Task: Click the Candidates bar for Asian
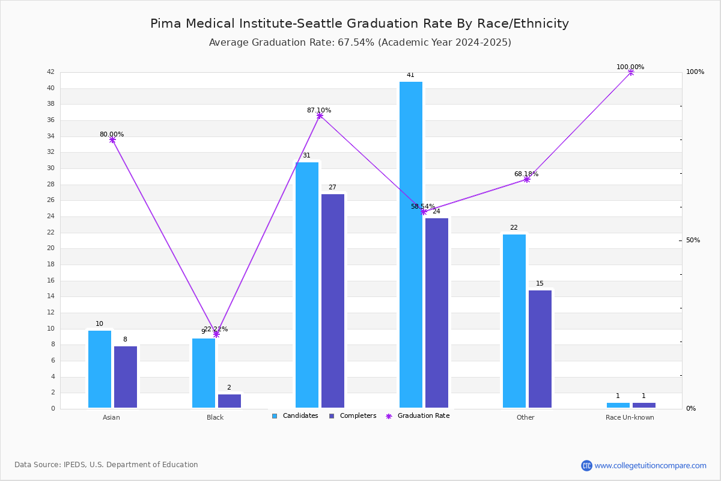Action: coord(100,369)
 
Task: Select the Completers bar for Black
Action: coord(229,401)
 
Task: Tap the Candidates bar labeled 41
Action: coord(411,245)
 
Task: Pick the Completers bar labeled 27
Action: coord(333,301)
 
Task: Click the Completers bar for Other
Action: coord(540,349)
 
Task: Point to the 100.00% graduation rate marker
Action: coord(631,72)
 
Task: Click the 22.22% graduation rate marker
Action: coord(216,334)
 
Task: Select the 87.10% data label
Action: coord(319,110)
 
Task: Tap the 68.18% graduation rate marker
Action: coord(527,179)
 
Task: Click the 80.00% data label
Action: coord(112,134)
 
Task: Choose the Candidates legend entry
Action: coord(295,415)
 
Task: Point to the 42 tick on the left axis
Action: coord(50,72)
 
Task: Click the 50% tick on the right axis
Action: coord(693,240)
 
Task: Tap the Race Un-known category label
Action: coord(630,417)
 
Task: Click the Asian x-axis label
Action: coord(111,417)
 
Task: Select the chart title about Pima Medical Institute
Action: coord(359,23)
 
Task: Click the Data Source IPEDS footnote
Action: coord(106,465)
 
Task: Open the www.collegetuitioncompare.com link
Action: coord(650,465)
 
